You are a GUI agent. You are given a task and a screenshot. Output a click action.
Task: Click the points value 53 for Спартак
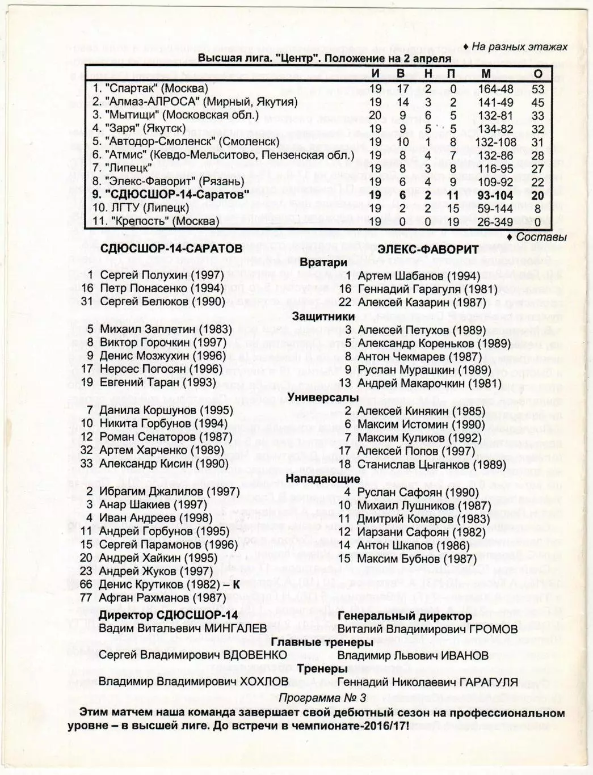pyautogui.click(x=537, y=89)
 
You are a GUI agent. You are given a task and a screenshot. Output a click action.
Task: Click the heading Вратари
pyautogui.click(x=323, y=263)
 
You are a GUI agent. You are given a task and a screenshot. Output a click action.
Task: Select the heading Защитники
pyautogui.click(x=323, y=317)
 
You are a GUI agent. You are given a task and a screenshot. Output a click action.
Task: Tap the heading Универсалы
pyautogui.click(x=323, y=397)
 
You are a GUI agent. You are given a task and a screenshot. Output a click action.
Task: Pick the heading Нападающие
pyautogui.click(x=323, y=478)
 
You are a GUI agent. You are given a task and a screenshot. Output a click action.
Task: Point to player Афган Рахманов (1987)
pyautogui.click(x=162, y=597)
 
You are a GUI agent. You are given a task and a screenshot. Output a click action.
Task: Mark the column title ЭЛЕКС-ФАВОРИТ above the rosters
pyautogui.click(x=419, y=249)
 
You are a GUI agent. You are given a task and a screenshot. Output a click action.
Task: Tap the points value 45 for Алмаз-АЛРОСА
pyautogui.click(x=537, y=102)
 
